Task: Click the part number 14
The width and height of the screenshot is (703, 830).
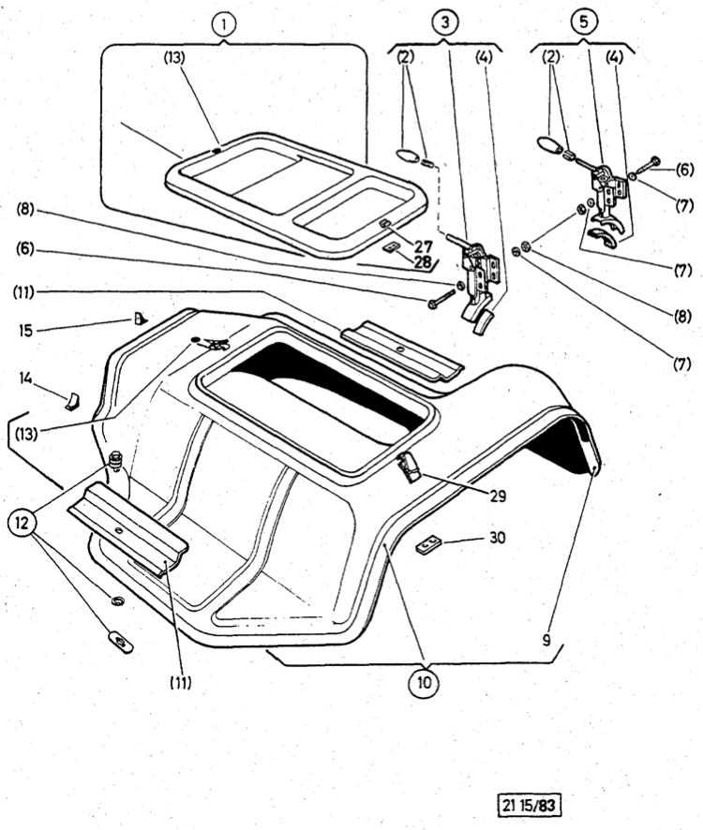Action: (x=26, y=377)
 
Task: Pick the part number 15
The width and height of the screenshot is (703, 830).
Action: (x=26, y=329)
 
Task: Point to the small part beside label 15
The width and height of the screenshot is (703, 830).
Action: (x=139, y=319)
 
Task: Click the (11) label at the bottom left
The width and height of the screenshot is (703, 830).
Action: (x=180, y=682)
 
